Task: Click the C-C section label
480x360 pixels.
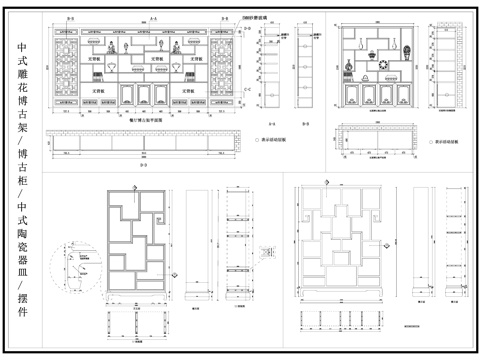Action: pyautogui.click(x=246, y=89)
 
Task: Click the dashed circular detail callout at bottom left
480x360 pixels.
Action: pyautogui.click(x=75, y=269)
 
